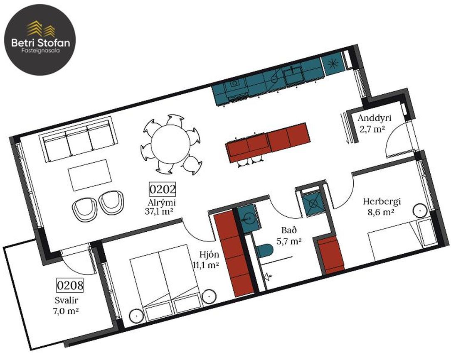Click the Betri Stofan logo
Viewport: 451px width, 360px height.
(x=40, y=39)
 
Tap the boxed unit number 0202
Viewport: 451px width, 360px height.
(x=163, y=189)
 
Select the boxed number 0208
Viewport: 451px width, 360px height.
(x=70, y=285)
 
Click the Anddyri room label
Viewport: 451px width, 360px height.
(x=375, y=118)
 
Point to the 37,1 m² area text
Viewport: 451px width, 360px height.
(x=159, y=212)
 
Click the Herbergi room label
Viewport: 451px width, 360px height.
(x=382, y=202)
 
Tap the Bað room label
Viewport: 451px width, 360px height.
(x=289, y=230)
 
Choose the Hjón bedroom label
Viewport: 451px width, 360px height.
(x=209, y=254)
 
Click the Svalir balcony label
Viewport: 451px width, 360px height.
(x=67, y=301)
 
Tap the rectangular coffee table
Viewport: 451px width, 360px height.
(x=90, y=175)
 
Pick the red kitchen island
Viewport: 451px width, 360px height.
(x=268, y=142)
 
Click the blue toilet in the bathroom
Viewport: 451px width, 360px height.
(x=264, y=250)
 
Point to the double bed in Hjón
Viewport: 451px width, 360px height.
(x=166, y=283)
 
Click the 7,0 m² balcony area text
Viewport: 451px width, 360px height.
(x=66, y=311)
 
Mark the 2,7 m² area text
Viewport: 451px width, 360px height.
(x=372, y=129)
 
